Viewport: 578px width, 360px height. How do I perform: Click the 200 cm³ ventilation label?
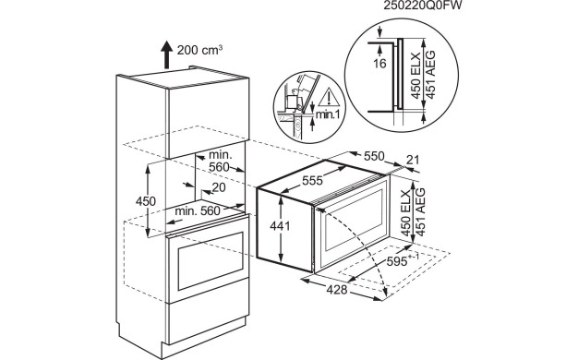[199, 49]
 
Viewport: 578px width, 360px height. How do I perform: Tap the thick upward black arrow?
[166, 54]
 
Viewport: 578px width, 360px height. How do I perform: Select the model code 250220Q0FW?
[422, 6]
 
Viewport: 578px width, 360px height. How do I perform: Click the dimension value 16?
[379, 64]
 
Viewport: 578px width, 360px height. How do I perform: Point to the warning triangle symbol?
[330, 99]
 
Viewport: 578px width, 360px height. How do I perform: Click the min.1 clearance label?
[328, 114]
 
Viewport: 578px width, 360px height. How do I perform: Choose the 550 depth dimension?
[374, 156]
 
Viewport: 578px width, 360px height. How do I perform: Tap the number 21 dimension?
[413, 160]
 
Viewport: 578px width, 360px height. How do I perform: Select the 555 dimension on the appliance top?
[312, 180]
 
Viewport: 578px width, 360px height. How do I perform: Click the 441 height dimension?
[280, 225]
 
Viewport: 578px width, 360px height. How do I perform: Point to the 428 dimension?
[337, 290]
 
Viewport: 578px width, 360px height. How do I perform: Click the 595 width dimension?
[403, 260]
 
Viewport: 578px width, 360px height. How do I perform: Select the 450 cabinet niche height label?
[146, 201]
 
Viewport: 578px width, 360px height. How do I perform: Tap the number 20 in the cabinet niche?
[219, 188]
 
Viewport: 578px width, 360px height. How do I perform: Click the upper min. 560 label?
[219, 161]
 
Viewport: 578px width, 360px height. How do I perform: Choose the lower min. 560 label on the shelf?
[198, 211]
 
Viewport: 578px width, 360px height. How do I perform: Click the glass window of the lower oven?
[211, 261]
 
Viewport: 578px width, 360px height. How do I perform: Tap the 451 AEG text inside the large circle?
[430, 74]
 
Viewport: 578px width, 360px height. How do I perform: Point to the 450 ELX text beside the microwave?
[406, 213]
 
